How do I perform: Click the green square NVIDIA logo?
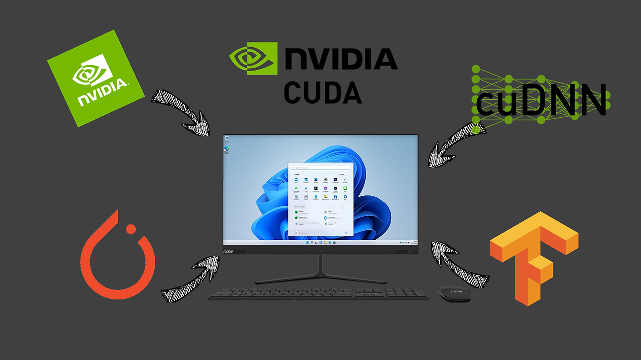(x=96, y=78)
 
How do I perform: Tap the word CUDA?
(x=323, y=92)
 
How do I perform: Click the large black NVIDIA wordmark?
(x=341, y=59)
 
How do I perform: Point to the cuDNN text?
(x=541, y=100)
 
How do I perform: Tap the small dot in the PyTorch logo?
(x=131, y=229)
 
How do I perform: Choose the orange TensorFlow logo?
(x=534, y=258)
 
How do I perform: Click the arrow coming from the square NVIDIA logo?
(x=182, y=113)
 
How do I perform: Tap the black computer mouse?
(x=453, y=294)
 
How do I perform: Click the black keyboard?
(x=318, y=294)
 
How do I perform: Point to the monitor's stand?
(x=320, y=270)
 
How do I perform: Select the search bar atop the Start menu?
(x=320, y=167)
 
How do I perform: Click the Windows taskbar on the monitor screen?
(x=320, y=242)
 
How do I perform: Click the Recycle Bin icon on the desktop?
(x=227, y=139)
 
